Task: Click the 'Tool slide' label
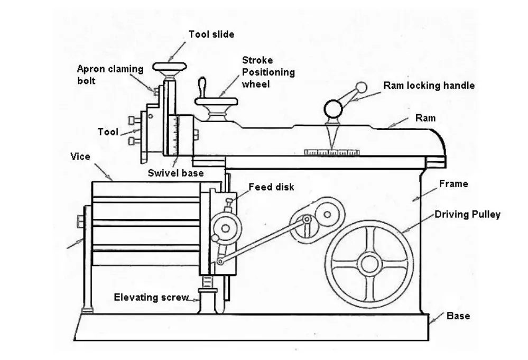click(x=211, y=34)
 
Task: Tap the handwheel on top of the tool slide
click(x=170, y=67)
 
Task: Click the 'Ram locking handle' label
click(x=429, y=85)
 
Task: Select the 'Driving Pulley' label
click(x=467, y=215)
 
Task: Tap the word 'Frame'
click(x=453, y=184)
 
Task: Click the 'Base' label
click(x=458, y=316)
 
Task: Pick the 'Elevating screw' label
click(x=151, y=297)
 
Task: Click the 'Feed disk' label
click(x=271, y=187)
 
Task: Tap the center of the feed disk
click(x=226, y=229)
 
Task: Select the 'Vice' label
click(x=80, y=156)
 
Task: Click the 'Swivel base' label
click(x=175, y=173)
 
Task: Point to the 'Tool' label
click(x=108, y=132)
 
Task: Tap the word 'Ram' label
click(x=425, y=118)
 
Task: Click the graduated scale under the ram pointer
click(x=332, y=152)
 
